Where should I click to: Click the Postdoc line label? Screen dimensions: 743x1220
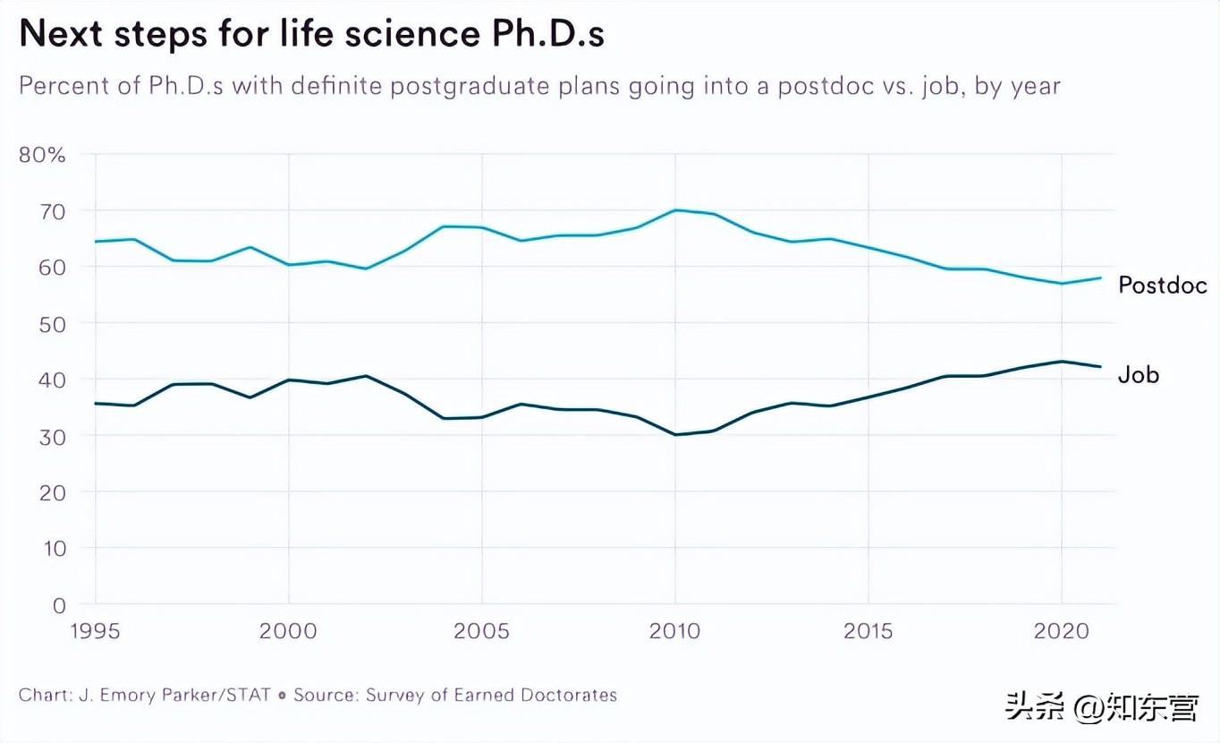(1162, 286)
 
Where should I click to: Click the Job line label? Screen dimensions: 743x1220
(1138, 375)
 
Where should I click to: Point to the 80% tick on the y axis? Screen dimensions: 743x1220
(42, 155)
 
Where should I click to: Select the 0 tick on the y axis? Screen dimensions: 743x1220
(58, 605)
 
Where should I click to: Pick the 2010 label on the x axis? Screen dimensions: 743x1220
(674, 631)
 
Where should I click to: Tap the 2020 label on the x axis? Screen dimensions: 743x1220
(1061, 631)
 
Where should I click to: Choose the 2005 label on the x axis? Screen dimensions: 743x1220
(481, 631)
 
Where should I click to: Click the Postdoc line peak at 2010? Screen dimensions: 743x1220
(675, 209)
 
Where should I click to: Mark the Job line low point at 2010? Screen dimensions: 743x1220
(675, 435)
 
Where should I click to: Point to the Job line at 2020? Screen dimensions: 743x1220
(1061, 362)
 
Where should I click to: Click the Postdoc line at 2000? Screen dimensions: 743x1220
(289, 265)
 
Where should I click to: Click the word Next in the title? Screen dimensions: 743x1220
(61, 35)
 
